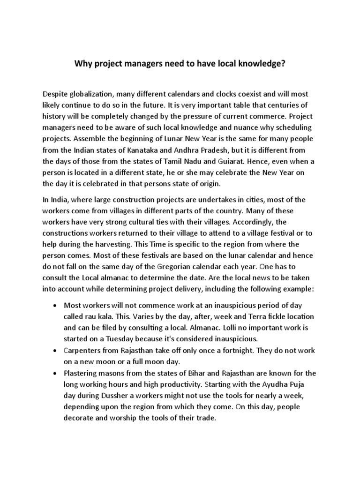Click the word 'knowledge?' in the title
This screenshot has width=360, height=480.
262,64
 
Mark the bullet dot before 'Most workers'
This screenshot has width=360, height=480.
56,306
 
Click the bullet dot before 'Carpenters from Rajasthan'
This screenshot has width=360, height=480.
56,351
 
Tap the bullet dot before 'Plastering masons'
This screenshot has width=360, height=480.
56,373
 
